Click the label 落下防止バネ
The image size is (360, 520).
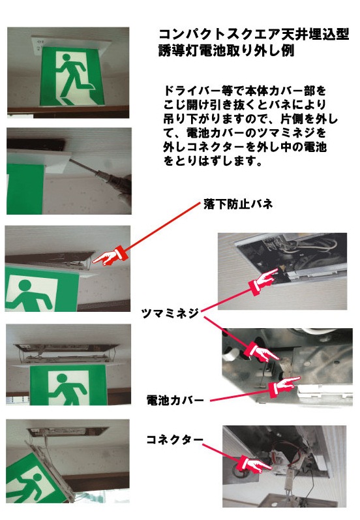(x=238, y=204)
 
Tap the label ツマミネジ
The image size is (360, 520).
(x=170, y=313)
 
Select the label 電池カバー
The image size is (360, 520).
(x=175, y=401)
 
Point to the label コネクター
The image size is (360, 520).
(x=175, y=440)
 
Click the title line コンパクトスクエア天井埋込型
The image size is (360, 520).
(x=254, y=35)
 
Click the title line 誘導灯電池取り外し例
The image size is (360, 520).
(x=226, y=51)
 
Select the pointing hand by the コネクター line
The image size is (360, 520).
(x=254, y=463)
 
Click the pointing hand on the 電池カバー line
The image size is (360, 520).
(x=284, y=386)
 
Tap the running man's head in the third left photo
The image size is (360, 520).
(x=25, y=286)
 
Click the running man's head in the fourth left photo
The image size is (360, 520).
(x=63, y=378)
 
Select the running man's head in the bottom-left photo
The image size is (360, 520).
(x=37, y=478)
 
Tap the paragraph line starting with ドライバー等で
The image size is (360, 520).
(x=245, y=91)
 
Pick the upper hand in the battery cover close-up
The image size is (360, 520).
(x=262, y=352)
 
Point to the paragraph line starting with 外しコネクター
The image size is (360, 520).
(x=245, y=147)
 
